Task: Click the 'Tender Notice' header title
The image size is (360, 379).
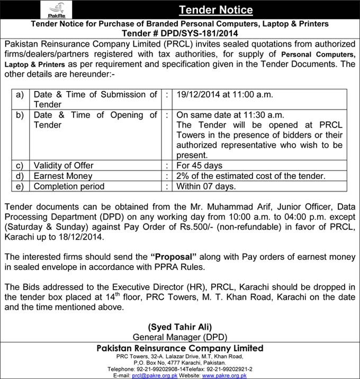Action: click(x=215, y=10)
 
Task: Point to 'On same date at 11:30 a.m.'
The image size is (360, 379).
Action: click(x=230, y=115)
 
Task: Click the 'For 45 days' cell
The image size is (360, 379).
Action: click(x=200, y=166)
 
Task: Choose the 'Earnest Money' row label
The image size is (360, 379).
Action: click(x=63, y=176)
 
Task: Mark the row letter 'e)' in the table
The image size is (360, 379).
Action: click(x=20, y=186)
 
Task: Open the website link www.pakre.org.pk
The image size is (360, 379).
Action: click(x=224, y=375)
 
